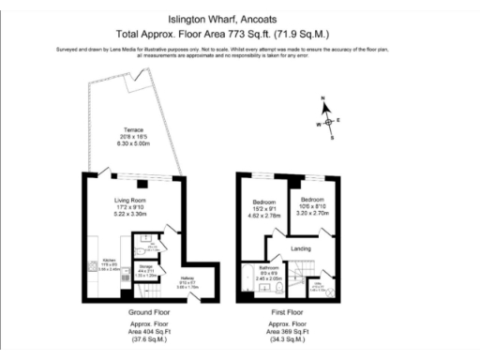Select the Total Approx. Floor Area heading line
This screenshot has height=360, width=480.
click(241, 31)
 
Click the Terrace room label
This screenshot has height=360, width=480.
click(121, 130)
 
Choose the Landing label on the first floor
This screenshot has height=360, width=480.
click(301, 247)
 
